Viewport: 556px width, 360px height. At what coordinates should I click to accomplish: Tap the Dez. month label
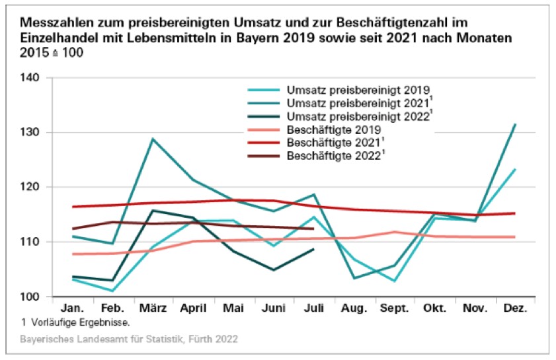[x=515, y=309]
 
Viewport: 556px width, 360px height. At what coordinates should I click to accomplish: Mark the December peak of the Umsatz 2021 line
[x=515, y=124]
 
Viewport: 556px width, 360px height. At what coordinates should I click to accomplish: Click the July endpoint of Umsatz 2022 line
[x=313, y=249]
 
